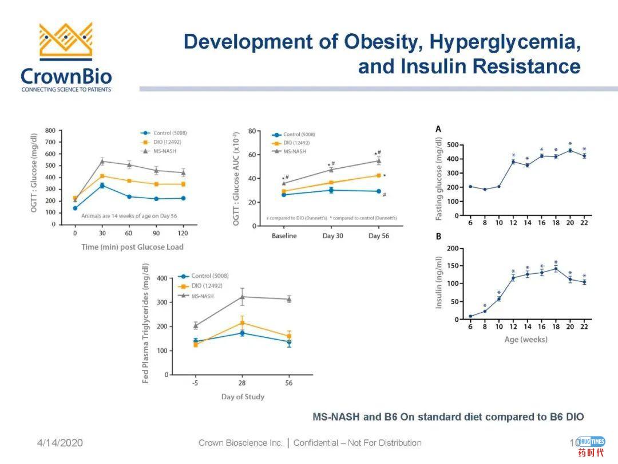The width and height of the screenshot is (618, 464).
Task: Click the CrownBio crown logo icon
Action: click(x=65, y=41)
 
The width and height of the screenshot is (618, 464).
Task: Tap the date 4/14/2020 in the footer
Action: click(x=60, y=443)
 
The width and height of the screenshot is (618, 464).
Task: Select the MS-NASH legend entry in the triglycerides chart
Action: click(x=203, y=296)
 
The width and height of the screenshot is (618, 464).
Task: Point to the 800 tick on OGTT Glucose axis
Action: click(x=50, y=131)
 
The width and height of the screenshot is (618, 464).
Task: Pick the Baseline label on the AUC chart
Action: click(x=284, y=236)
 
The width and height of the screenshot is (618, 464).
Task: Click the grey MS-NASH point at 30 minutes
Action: click(x=102, y=161)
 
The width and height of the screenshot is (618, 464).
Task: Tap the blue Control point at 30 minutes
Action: click(x=102, y=186)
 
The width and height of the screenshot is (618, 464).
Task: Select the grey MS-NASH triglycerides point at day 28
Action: click(x=243, y=297)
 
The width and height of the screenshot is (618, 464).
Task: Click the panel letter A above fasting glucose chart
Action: click(x=438, y=129)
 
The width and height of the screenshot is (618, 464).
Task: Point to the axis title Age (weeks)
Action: click(x=526, y=339)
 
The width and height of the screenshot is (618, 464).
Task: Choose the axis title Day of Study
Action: click(x=243, y=396)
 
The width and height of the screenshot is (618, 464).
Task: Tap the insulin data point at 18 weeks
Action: click(x=556, y=269)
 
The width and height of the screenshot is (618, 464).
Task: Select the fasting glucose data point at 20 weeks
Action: click(x=570, y=151)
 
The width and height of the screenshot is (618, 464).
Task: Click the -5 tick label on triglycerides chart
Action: click(x=196, y=383)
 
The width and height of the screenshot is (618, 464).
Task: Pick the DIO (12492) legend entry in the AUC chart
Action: click(x=296, y=143)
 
